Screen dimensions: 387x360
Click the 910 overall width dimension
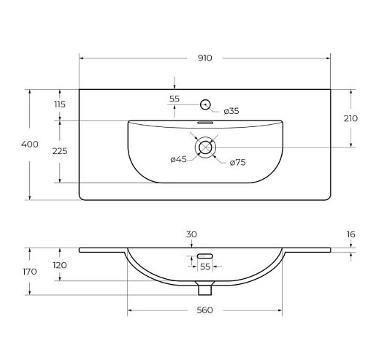coord(205,58)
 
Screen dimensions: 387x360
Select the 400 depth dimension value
coord(30,144)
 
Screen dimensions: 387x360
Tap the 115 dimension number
coord(60,104)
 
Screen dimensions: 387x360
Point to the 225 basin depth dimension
coord(60,151)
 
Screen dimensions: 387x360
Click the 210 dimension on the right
coord(350,118)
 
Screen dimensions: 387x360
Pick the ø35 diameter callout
coord(231,111)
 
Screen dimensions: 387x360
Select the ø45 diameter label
coord(178,159)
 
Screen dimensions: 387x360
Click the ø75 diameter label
coord(237,162)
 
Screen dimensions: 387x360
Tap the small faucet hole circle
coord(205,104)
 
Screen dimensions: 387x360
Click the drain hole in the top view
coord(205,148)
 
